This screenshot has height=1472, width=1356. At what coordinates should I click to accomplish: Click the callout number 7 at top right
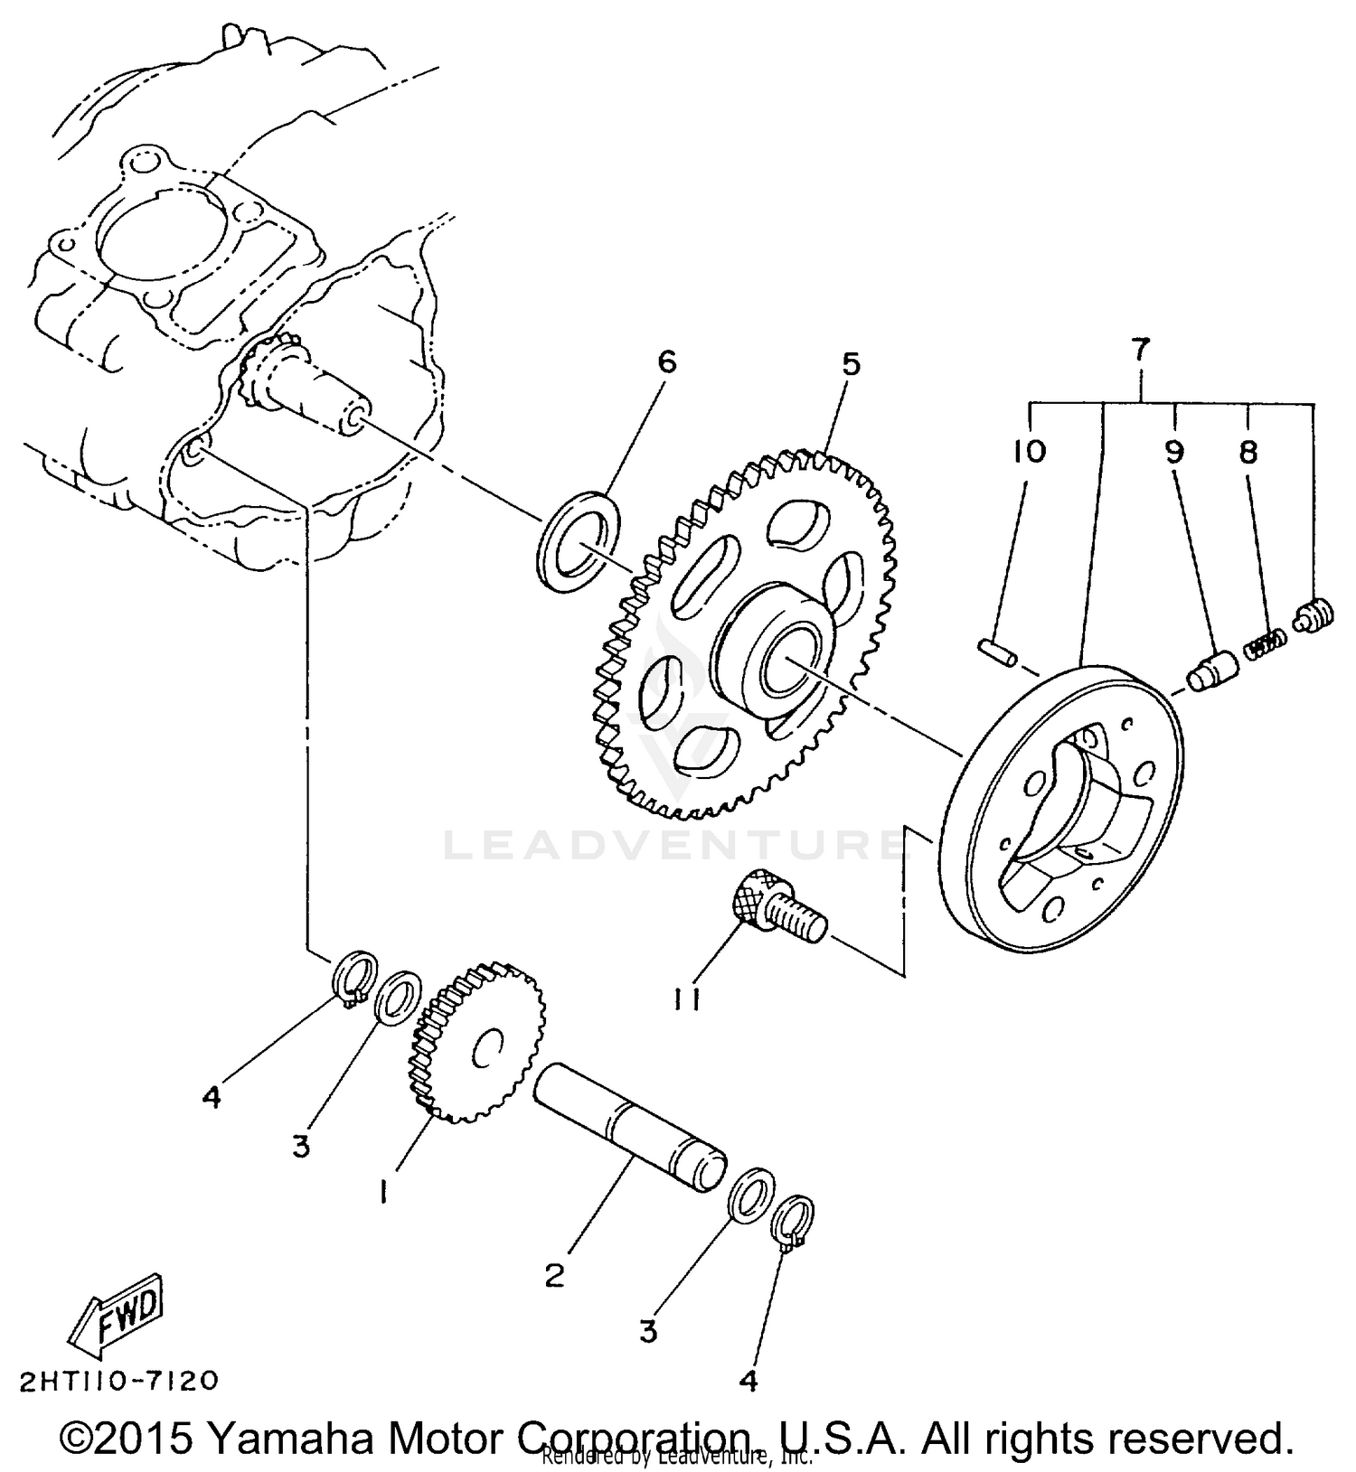click(1140, 349)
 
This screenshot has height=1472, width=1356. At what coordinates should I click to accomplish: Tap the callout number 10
click(1029, 450)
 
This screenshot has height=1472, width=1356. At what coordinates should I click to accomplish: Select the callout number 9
click(1173, 451)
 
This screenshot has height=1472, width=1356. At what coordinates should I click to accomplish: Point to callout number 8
click(1248, 451)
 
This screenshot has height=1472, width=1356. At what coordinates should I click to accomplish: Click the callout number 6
click(666, 362)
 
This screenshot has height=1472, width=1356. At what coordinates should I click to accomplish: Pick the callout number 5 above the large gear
click(851, 364)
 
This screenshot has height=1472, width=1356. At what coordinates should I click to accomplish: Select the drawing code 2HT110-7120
click(118, 1381)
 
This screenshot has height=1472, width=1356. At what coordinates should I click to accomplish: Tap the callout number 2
click(554, 1274)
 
